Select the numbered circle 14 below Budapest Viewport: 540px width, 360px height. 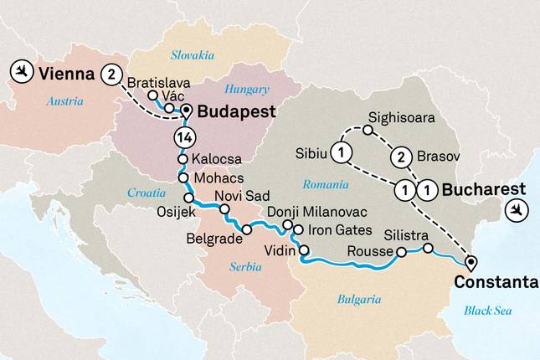pyautogui.click(x=183, y=137)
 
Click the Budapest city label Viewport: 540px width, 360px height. pyautogui.click(x=234, y=111)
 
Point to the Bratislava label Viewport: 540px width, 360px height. pyautogui.click(x=159, y=83)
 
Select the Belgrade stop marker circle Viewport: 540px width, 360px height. pyautogui.click(x=247, y=229)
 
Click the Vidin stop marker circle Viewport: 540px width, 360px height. pyautogui.click(x=304, y=250)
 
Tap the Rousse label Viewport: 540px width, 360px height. pyautogui.click(x=368, y=251)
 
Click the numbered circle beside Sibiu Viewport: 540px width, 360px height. pyautogui.click(x=342, y=152)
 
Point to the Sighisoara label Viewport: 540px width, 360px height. pyautogui.click(x=402, y=118)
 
